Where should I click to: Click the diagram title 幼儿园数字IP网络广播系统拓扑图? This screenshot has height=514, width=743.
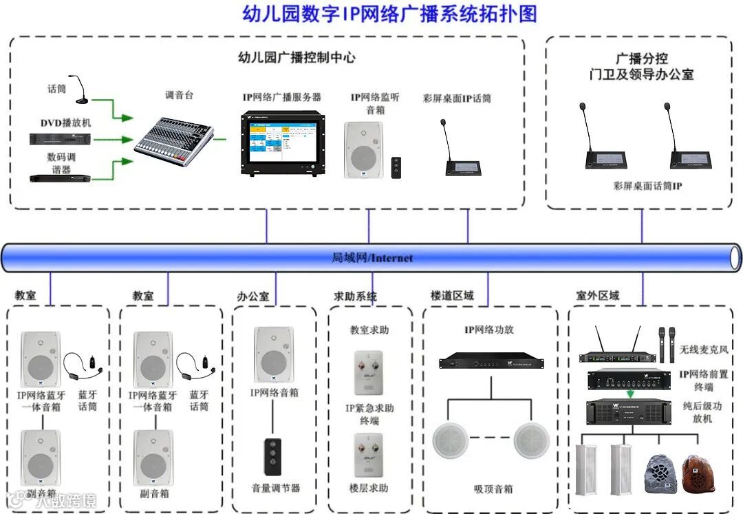[389, 14]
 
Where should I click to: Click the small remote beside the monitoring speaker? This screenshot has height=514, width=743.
[396, 167]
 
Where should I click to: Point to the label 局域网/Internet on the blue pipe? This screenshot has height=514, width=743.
[372, 258]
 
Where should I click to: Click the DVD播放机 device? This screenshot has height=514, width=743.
[60, 138]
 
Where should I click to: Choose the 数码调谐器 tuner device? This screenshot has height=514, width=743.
[60, 178]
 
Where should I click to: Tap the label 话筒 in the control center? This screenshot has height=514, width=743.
[56, 89]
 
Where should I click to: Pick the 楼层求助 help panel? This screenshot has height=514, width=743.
[369, 454]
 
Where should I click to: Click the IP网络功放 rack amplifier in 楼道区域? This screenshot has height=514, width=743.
[490, 359]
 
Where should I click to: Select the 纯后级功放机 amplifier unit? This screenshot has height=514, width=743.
[629, 411]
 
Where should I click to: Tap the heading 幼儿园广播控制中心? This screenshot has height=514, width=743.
[297, 58]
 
